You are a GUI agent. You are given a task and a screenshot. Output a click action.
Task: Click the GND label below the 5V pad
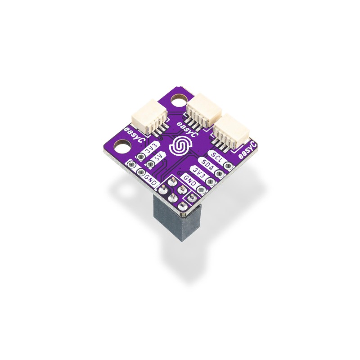click(150, 179)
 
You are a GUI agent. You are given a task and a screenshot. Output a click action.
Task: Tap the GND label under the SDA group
click(190, 182)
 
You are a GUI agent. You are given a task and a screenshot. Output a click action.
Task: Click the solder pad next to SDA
click(220, 173)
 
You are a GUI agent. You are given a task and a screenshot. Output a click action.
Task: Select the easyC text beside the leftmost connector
click(134, 135)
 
